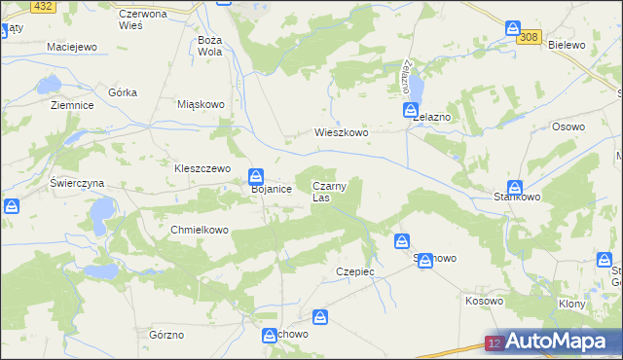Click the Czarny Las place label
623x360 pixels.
(x=327, y=192)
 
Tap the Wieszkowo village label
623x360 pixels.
(x=340, y=132)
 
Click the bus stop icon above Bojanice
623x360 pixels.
(x=256, y=175)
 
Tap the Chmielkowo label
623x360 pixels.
(x=199, y=231)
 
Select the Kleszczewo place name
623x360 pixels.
(x=202, y=167)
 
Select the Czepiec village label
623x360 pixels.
(x=354, y=271)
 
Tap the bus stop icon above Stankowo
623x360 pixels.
(x=515, y=188)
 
